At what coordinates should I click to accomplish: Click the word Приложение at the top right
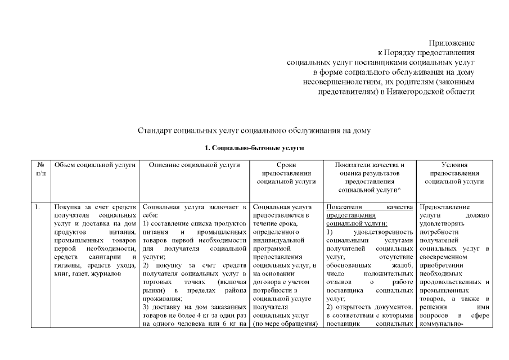point(452,43)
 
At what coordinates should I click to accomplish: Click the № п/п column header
point(40,169)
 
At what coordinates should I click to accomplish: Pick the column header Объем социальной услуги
point(94,165)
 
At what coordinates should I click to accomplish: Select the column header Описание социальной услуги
point(195,165)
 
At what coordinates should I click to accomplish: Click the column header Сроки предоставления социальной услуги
point(286,174)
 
